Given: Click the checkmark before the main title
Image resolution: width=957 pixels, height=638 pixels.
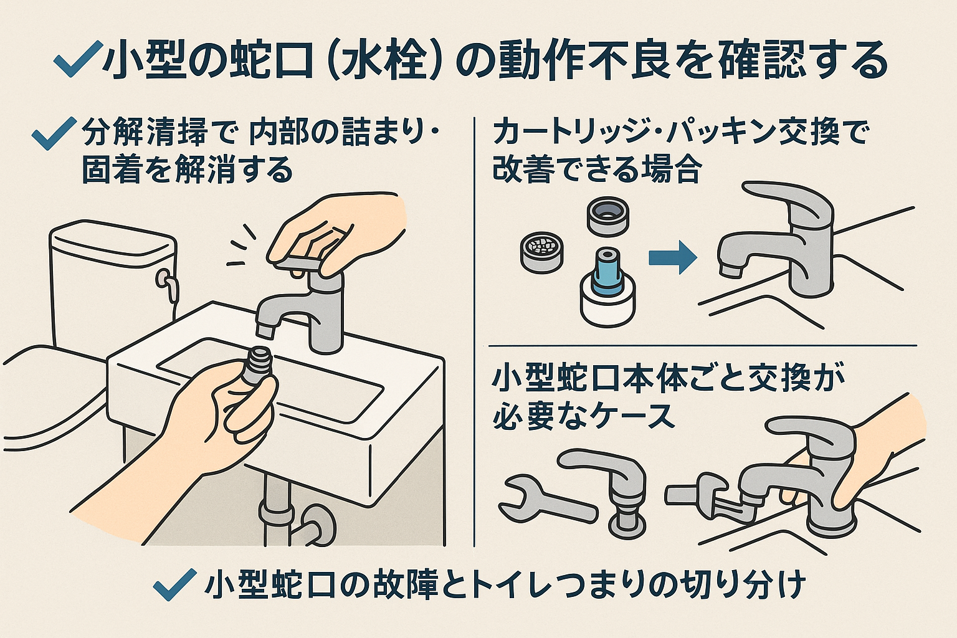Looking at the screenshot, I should coord(77,61).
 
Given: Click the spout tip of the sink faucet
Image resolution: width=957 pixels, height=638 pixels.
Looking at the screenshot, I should coord(265,326).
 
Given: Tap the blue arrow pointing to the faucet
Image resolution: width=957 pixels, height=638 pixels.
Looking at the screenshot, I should coord(673,257).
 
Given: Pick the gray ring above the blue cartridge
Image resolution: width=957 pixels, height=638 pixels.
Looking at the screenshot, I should coord(606,216).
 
